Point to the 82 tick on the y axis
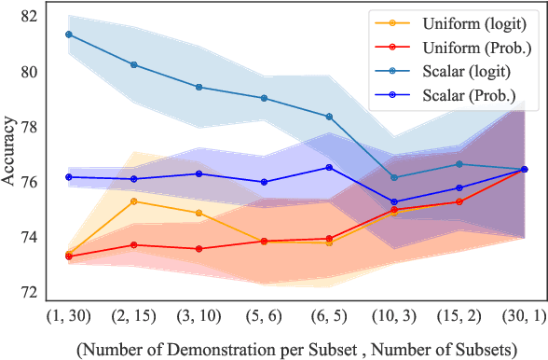click(x=30, y=17)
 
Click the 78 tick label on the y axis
click(x=30, y=127)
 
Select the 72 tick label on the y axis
click(x=30, y=292)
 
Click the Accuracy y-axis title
click(x=9, y=155)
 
